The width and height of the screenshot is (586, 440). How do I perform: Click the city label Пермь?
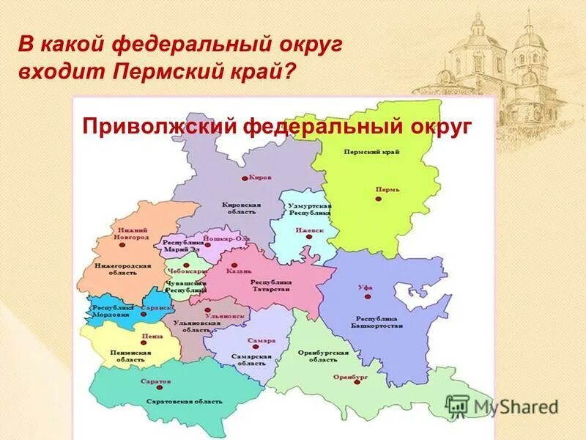click(x=387, y=189)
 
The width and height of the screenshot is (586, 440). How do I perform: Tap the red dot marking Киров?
click(x=245, y=178)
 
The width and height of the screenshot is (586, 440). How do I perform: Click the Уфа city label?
click(x=365, y=287)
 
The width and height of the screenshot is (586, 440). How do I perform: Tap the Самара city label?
click(x=261, y=341)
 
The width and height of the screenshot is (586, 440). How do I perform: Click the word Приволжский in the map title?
click(x=158, y=125)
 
